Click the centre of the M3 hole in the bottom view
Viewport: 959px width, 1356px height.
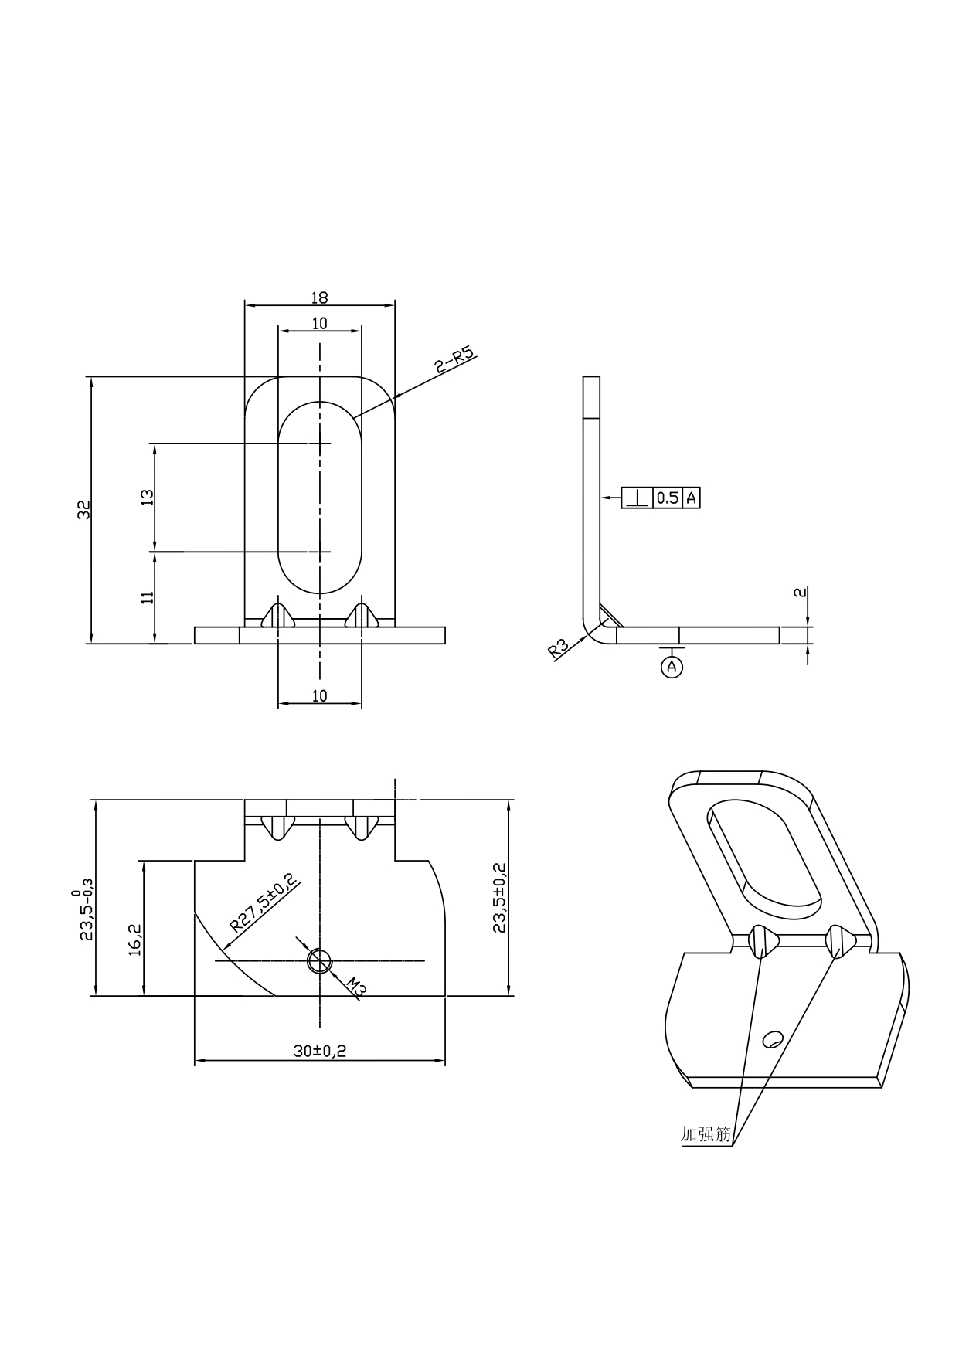pyautogui.click(x=319, y=960)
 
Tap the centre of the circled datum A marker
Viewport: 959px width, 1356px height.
pyautogui.click(x=672, y=666)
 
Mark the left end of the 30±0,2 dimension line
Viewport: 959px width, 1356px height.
pyautogui.click(x=194, y=1061)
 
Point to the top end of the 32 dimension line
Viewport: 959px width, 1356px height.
pyautogui.click(x=91, y=377)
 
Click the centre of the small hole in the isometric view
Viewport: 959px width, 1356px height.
pyautogui.click(x=772, y=1039)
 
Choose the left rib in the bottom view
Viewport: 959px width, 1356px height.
pyautogui.click(x=278, y=827)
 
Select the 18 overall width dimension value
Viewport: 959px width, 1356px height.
pyautogui.click(x=319, y=297)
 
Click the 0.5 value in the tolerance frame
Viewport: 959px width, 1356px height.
pyautogui.click(x=668, y=498)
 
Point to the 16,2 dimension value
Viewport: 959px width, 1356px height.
pyautogui.click(x=134, y=940)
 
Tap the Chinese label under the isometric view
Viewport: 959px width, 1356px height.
pyautogui.click(x=706, y=1134)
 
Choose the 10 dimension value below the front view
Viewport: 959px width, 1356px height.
pyautogui.click(x=319, y=695)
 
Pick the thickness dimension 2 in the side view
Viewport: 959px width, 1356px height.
pyautogui.click(x=801, y=593)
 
